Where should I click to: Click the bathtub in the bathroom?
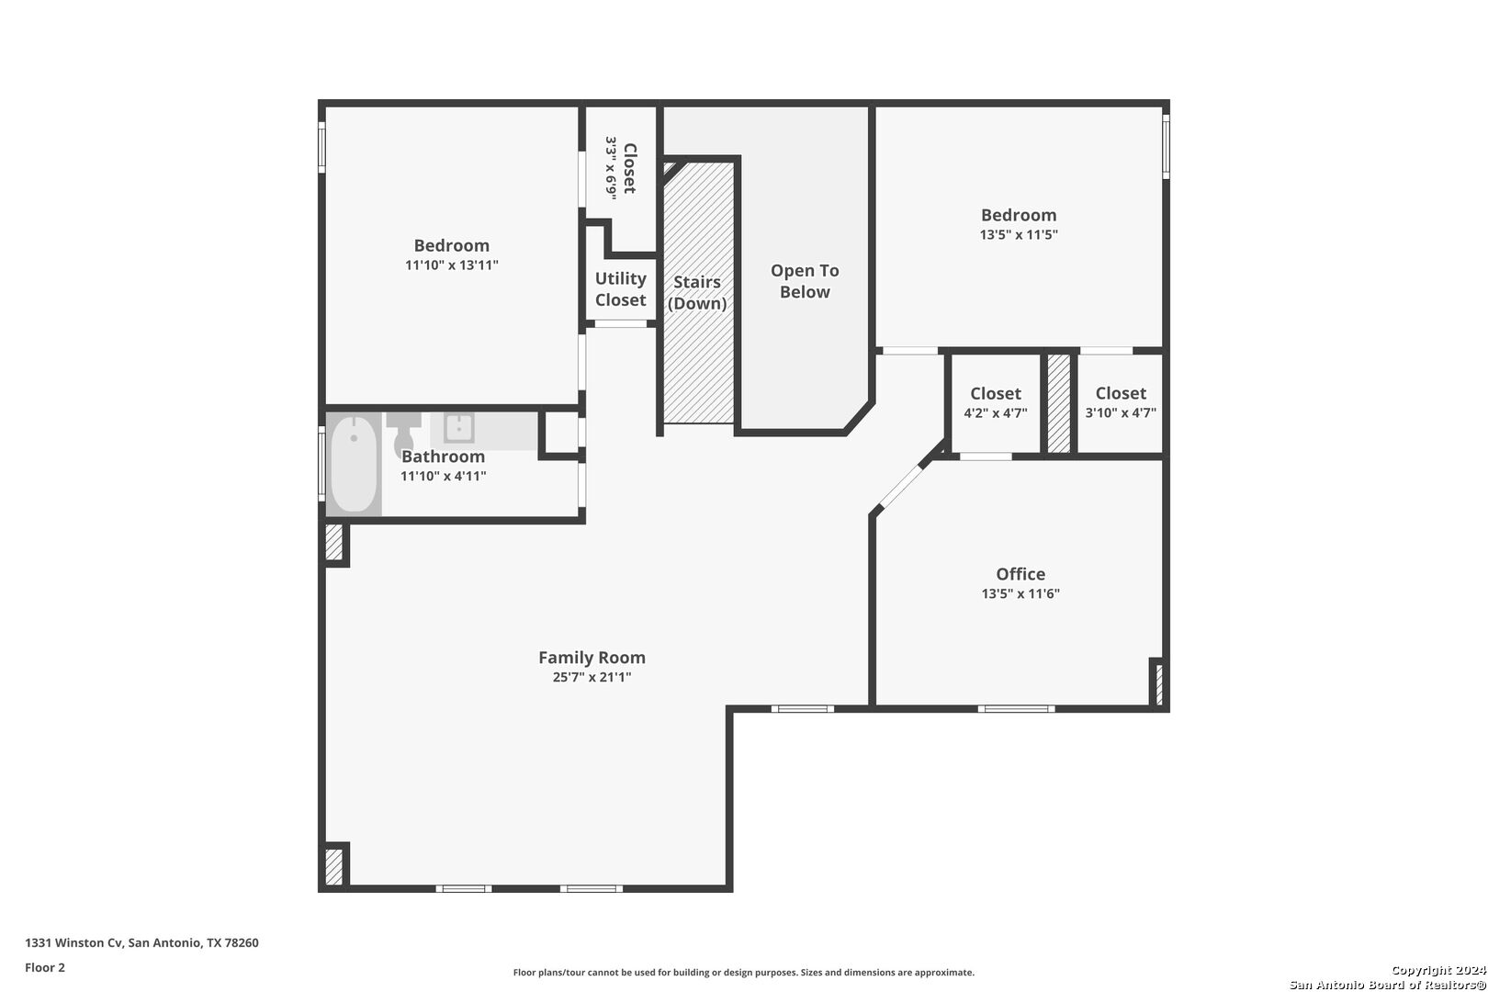coord(354,464)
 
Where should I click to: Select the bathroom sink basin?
coord(458,427)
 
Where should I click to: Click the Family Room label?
coord(592,657)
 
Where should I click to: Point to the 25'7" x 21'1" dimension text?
coord(592,677)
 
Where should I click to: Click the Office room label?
coord(1020,573)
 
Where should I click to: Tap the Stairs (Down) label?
coord(697,292)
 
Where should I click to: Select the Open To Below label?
coord(805,281)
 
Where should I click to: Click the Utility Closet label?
coord(620,289)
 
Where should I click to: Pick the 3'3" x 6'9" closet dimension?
coord(611,167)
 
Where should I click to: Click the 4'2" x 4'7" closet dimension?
coord(995,412)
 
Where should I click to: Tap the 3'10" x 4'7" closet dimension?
coord(1121,412)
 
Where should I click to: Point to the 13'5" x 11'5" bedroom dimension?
coord(1019,234)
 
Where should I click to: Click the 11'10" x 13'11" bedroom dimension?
coord(452,265)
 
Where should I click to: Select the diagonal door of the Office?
coord(900,487)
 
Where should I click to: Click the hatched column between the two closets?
coord(1059,404)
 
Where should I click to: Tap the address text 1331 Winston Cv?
coord(73,942)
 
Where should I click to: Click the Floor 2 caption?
coord(45,967)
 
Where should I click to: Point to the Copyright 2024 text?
coord(1438,970)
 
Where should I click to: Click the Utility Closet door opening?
coord(620,323)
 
